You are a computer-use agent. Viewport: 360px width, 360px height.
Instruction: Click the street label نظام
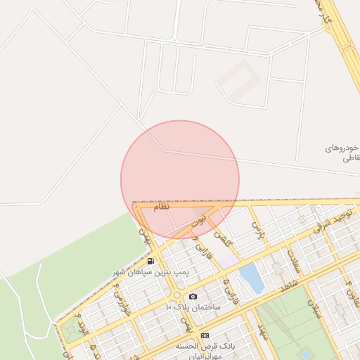point(162,205)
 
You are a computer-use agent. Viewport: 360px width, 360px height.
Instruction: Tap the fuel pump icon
point(150,261)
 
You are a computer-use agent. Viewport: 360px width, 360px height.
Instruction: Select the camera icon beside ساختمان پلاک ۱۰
point(193,297)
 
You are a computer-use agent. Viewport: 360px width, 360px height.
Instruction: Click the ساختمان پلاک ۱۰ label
point(193,307)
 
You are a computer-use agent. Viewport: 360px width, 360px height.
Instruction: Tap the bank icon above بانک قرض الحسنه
point(205,335)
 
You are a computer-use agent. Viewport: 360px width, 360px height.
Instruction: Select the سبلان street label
point(314,309)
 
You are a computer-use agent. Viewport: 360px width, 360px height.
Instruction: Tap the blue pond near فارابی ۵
point(252,278)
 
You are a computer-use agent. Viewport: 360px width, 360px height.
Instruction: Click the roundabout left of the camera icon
point(175,295)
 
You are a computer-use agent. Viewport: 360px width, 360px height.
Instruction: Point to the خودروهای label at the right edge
point(342,148)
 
